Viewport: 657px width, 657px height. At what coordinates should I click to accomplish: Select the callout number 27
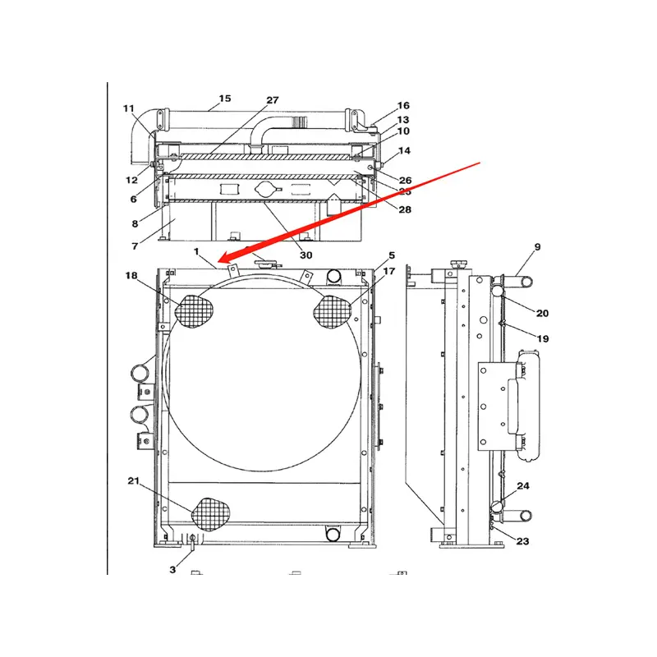click(272, 100)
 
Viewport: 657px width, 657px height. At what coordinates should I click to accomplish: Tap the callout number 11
click(129, 108)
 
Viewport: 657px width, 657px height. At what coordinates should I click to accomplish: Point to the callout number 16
click(402, 106)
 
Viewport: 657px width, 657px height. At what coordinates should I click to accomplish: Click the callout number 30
click(306, 255)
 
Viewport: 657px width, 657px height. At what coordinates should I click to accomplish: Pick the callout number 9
click(537, 246)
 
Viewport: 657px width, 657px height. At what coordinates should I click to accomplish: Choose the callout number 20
click(542, 313)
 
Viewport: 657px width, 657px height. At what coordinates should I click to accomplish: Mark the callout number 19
click(543, 338)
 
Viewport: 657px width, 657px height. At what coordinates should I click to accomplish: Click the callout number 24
click(523, 486)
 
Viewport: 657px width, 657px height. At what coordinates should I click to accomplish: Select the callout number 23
click(522, 540)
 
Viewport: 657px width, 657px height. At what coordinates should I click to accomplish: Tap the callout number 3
click(172, 569)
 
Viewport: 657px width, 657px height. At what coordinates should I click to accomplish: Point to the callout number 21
click(132, 480)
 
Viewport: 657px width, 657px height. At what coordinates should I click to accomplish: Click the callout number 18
click(131, 276)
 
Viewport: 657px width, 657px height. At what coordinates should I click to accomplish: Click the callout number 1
click(196, 250)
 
